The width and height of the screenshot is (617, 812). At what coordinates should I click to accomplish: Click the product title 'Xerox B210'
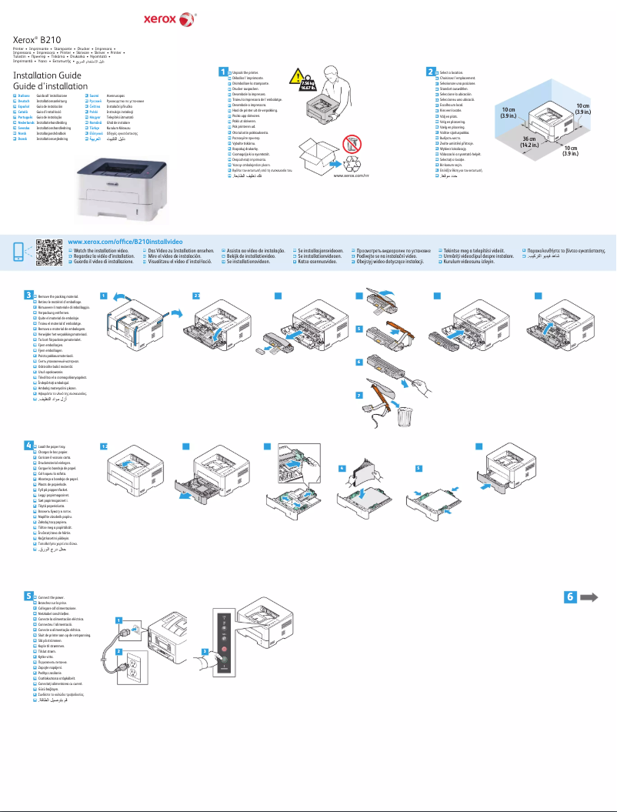(38, 38)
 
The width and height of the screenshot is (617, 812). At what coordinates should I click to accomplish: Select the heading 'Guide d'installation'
(48, 86)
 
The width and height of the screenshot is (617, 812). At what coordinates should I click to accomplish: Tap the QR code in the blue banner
(48, 252)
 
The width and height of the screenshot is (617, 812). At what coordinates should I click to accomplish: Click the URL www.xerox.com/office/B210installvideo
(125, 242)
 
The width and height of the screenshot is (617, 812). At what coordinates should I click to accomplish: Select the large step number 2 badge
(431, 72)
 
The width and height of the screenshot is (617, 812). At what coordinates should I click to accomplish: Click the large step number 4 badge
(28, 445)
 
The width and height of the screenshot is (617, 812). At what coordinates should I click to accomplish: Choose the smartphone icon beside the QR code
(18, 252)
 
